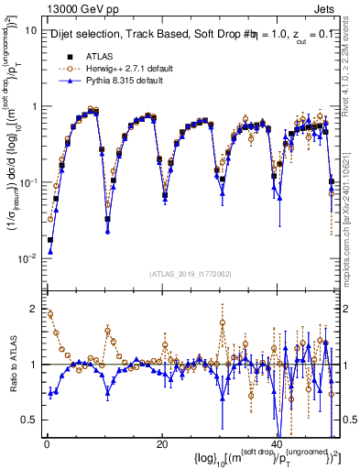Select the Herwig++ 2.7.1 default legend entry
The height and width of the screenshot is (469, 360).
(x=121, y=68)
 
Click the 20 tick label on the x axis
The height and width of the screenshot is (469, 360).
(x=162, y=442)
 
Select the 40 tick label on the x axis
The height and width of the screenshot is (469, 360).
(x=278, y=442)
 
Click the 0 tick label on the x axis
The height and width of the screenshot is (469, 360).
(x=46, y=442)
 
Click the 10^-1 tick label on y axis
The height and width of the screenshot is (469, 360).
(x=27, y=182)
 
